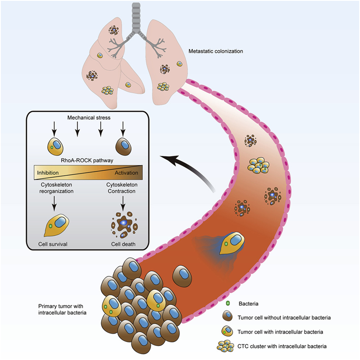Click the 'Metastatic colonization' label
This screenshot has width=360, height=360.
point(215,51)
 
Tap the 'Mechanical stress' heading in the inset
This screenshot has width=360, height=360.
point(88,118)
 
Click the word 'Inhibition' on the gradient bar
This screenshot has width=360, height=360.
point(48,173)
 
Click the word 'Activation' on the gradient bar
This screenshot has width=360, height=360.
point(126,173)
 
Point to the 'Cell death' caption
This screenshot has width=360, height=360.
point(124,244)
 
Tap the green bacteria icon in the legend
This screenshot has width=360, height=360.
point(227,303)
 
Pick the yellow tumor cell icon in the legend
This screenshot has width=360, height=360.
point(227,332)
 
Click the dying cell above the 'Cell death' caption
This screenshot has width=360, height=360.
point(124,223)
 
